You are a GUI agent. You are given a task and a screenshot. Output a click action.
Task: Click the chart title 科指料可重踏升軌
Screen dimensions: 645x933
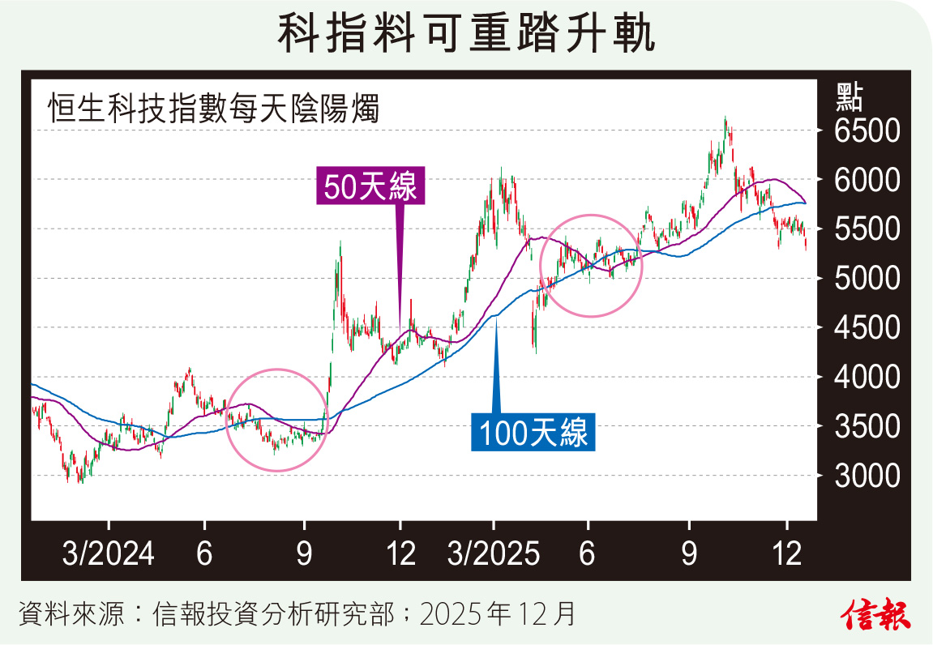point(466,34)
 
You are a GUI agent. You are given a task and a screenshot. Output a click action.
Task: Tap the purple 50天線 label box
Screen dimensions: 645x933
point(370,187)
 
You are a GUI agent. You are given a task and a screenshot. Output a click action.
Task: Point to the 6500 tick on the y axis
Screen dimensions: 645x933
point(867,131)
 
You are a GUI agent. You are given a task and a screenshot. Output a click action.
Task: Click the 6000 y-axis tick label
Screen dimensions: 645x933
point(867,180)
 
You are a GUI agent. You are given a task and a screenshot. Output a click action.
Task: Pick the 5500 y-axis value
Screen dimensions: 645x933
point(867,229)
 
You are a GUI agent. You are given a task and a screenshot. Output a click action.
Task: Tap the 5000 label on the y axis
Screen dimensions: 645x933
point(867,279)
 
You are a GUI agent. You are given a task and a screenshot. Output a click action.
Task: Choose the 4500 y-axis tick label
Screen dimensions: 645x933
point(867,328)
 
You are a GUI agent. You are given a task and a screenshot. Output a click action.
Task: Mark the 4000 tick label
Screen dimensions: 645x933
point(867,377)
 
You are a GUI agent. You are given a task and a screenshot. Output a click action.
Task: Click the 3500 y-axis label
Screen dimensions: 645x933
point(867,426)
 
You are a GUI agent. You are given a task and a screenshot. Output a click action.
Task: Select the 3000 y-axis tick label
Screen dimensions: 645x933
point(867,476)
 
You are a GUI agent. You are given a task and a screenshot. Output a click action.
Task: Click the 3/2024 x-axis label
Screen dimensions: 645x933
point(109,555)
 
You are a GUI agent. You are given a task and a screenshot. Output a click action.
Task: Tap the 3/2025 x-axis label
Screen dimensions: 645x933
point(494,555)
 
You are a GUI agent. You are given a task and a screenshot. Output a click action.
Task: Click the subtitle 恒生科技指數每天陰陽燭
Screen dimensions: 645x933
point(213,108)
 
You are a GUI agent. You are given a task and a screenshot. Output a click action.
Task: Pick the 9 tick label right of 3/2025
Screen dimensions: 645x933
point(689,555)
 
